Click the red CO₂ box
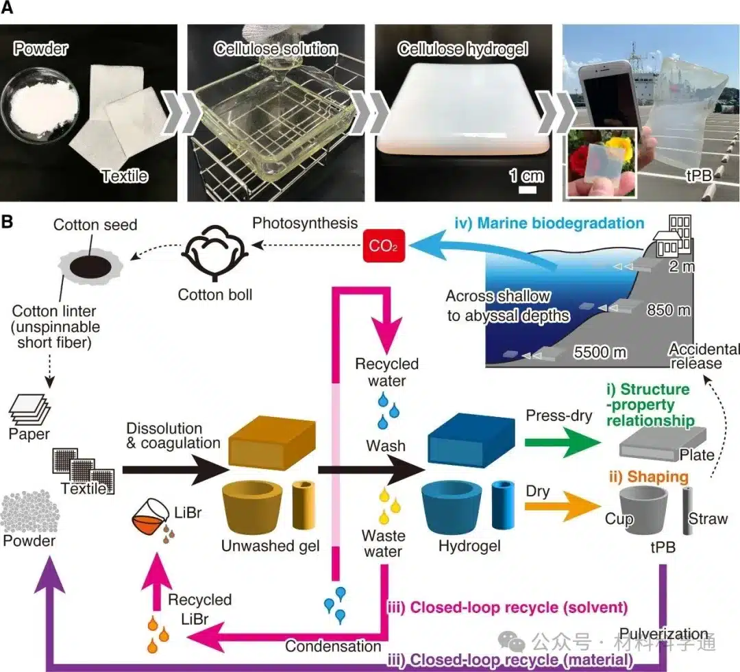coord(384,245)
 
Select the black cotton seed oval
coord(90,267)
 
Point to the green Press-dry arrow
coord(563,442)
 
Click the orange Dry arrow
coord(563,507)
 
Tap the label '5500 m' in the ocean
coord(600,352)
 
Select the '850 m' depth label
coord(668,310)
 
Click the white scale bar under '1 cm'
coord(528,190)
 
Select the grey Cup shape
coord(643,510)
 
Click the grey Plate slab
coord(663,442)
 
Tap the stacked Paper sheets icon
coord(29,409)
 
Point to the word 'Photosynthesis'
coord(305,223)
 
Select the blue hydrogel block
coord(471,441)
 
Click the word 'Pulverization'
coord(663,634)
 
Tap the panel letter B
coord(7,221)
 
